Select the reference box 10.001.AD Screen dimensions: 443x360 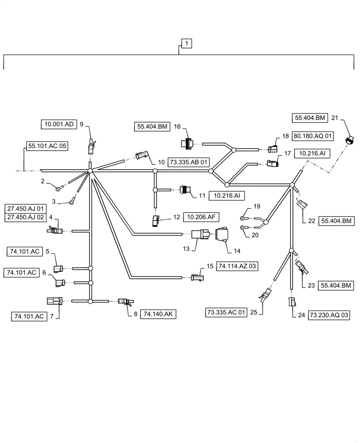tap(59, 124)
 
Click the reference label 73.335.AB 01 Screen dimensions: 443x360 tap(188, 162)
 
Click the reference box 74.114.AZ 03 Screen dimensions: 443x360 tap(238, 266)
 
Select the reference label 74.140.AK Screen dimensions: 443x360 tap(159, 314)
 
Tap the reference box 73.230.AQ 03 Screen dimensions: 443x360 tap(327, 315)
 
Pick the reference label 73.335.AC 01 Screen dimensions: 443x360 tap(226, 313)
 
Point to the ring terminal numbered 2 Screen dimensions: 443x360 tap(58, 189)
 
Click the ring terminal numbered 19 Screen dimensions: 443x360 tap(243, 218)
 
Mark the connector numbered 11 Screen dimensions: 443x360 tap(186, 190)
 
